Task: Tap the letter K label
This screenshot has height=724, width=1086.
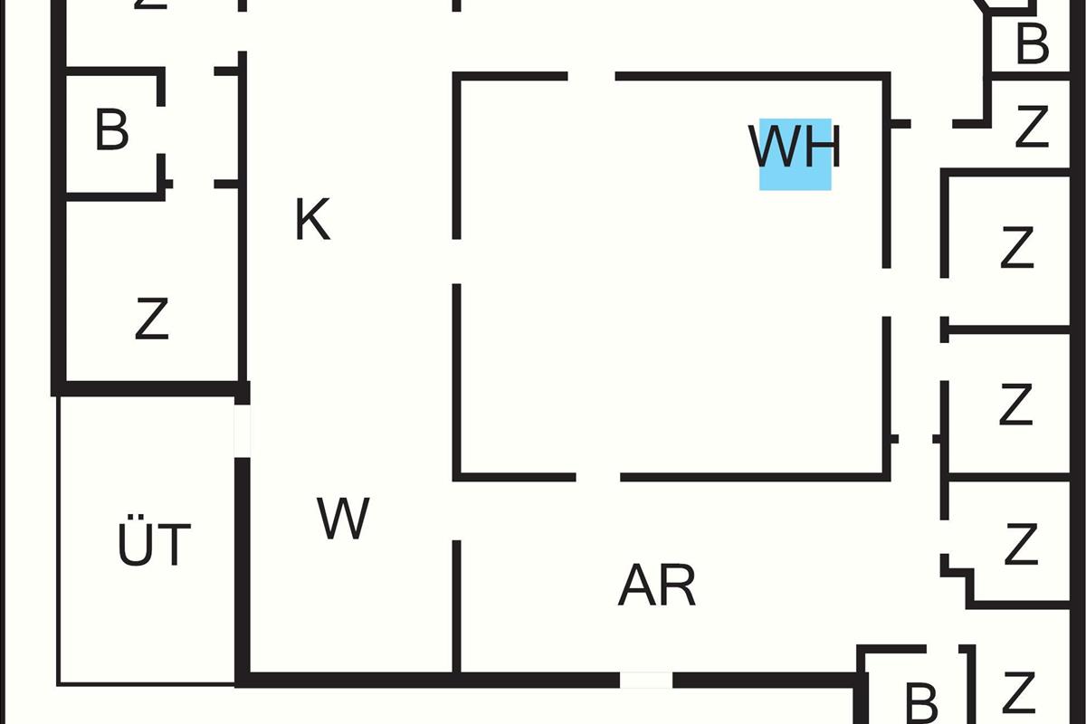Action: pos(313,220)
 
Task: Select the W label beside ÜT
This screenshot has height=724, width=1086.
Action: pos(343,519)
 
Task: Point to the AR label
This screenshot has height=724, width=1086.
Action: pos(657,586)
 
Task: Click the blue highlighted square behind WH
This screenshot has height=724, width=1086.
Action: pos(795,155)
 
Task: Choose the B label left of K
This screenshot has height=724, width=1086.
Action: pos(111,130)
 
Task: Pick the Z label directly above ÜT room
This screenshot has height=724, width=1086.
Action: pos(151,319)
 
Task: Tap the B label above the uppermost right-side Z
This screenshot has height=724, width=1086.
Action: pos(1032,43)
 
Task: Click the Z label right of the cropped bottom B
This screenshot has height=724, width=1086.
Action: pos(1019,692)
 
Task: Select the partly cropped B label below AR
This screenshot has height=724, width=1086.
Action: pos(920,702)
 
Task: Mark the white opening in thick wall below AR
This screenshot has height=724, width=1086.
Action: pos(645,680)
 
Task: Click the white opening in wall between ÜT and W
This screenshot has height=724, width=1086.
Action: pos(242,430)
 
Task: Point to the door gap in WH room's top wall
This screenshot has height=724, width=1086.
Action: pos(592,77)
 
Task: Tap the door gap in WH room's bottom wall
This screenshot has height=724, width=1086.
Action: pos(598,476)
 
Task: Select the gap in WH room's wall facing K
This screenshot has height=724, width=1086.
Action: pos(457,262)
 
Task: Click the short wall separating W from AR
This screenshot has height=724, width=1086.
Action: pos(457,606)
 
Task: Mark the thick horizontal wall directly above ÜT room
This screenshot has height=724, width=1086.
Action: pos(150,388)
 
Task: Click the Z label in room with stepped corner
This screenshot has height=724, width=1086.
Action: pos(1020,545)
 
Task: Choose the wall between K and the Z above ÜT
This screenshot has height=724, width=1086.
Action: pos(243,290)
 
